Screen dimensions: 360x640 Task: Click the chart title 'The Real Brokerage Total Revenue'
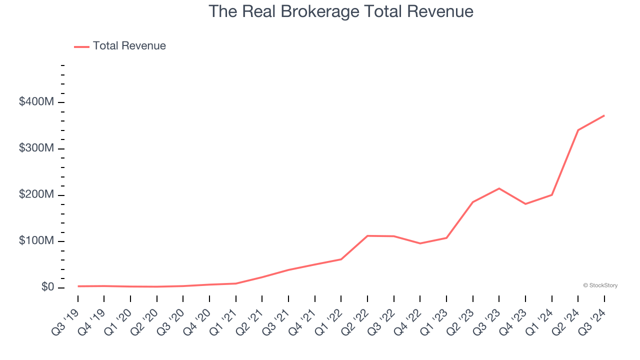[340, 11]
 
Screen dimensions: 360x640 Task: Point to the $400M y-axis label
[36, 102]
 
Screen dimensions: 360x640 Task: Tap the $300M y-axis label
[36, 148]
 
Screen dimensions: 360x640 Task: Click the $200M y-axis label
[36, 194]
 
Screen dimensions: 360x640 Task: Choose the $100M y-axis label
[36, 241]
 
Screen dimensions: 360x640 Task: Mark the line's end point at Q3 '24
[604, 115]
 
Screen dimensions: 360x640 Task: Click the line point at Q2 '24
[578, 130]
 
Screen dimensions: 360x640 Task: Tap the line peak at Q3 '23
[499, 188]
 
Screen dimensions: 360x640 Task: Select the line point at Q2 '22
[367, 235]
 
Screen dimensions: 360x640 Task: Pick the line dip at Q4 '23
[525, 204]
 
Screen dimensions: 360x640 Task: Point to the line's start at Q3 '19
[78, 286]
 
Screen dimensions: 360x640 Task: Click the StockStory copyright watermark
[600, 285]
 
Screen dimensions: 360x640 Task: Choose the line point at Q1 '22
[341, 259]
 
